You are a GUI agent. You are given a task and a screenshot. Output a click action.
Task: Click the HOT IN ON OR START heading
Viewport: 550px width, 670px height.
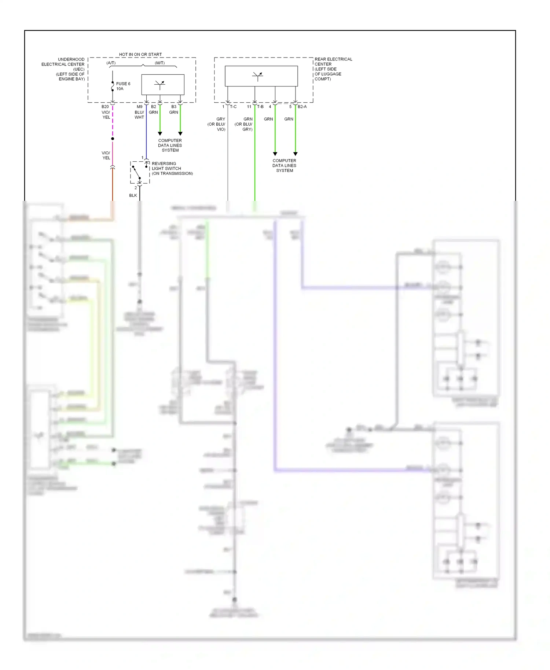pos(140,54)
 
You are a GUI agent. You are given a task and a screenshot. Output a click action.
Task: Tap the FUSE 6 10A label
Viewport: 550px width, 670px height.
pos(123,86)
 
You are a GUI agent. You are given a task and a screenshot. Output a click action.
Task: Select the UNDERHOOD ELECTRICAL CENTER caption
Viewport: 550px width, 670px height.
pos(63,69)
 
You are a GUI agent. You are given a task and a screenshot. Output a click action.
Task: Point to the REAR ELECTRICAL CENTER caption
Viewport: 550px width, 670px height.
pos(333,69)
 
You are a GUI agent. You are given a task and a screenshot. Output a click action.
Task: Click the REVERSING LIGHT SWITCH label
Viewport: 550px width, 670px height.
pos(172,169)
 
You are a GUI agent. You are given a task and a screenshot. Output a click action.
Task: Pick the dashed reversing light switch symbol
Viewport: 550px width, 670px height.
pos(139,172)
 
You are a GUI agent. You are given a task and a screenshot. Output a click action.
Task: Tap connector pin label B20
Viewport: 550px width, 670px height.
pos(105,107)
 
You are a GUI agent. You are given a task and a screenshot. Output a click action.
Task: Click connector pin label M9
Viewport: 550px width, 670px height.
pos(139,107)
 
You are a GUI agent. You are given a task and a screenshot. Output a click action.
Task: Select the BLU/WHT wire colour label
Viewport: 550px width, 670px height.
pos(139,115)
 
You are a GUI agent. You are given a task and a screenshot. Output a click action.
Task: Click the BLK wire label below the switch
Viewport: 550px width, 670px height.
pos(133,195)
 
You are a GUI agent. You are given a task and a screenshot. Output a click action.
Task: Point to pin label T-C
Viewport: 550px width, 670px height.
pos(233,107)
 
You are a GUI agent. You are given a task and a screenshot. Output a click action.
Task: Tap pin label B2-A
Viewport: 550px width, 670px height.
pos(302,107)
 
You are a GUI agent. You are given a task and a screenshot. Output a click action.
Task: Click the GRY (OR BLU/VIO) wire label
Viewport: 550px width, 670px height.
pos(217,124)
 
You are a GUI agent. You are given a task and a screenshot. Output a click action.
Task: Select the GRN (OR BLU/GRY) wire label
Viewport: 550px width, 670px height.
pos(244,124)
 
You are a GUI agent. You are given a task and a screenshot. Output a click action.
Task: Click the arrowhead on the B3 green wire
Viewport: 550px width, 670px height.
pos(180,134)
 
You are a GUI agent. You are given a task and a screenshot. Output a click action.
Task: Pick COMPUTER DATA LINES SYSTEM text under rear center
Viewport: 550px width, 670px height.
pos(284,166)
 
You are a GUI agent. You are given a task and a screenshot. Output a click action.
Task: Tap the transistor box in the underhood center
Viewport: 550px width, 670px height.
pos(163,85)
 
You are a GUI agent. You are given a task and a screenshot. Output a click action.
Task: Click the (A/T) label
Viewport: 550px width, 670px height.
pos(111,63)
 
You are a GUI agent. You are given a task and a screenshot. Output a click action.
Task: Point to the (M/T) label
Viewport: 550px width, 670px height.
pos(159,63)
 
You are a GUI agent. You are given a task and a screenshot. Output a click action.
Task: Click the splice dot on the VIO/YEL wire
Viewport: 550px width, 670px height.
pos(113,139)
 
